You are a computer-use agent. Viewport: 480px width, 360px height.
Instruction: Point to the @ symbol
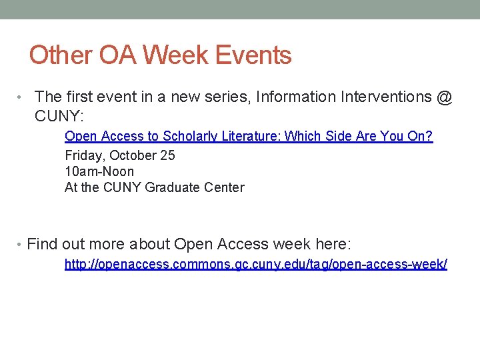coord(445,97)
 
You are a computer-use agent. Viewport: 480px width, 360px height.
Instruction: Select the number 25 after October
coord(167,155)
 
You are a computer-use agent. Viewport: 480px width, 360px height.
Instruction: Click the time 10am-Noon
coord(99,171)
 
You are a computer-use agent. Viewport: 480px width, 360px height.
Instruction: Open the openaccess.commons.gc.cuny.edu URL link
coord(255,265)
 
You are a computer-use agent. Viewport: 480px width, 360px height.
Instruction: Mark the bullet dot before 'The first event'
coord(22,98)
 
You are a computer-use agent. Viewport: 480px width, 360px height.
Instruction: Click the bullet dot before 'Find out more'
coord(22,245)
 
